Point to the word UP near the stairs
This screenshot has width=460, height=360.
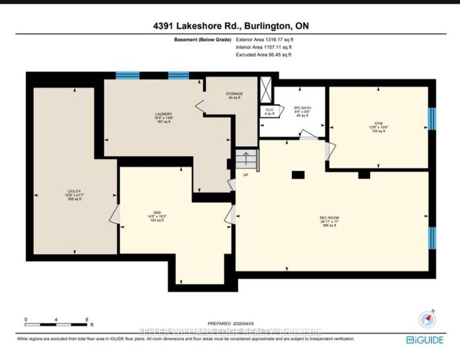click(x=245, y=174)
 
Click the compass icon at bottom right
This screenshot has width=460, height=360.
click(x=426, y=319)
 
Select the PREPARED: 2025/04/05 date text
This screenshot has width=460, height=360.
click(x=230, y=324)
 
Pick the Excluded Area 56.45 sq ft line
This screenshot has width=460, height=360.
click(x=264, y=55)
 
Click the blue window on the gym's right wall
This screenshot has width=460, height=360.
click(x=431, y=118)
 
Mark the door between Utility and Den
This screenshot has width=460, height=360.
click(x=114, y=214)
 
